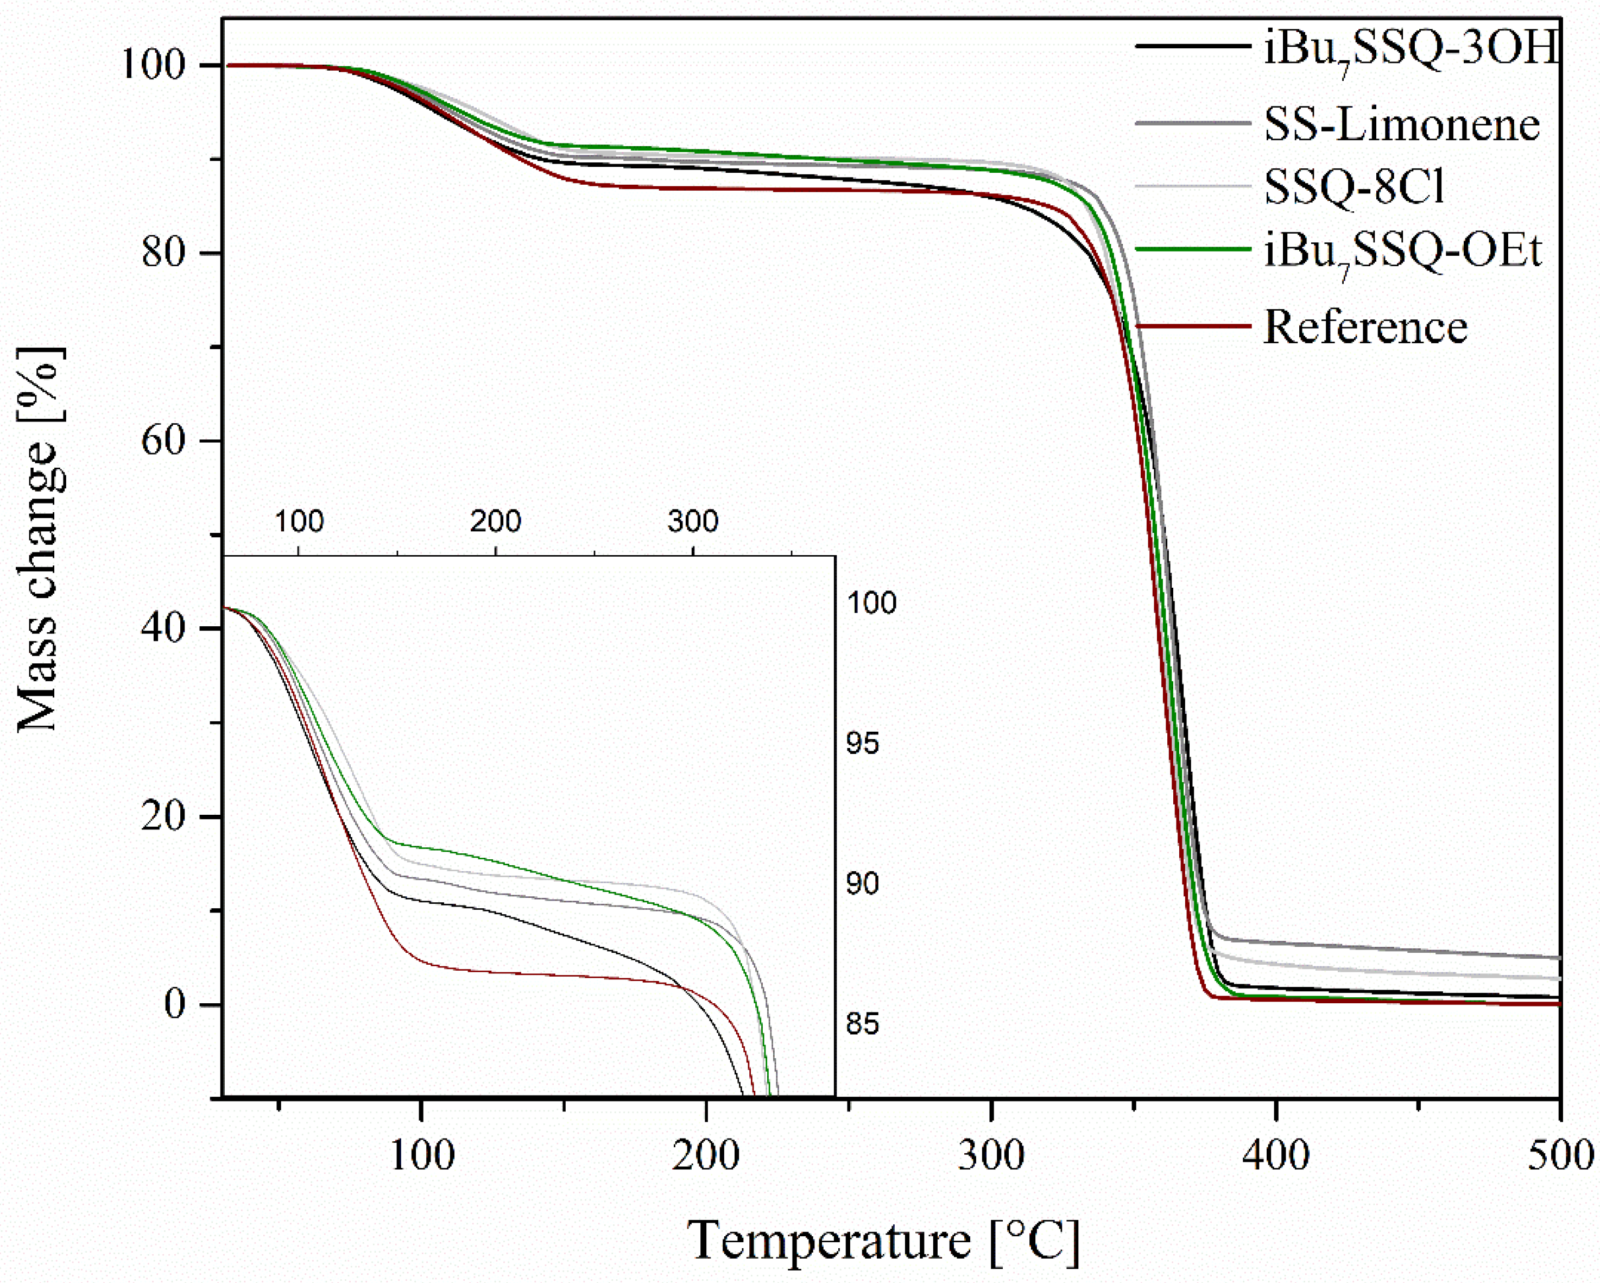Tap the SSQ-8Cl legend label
coord(1355,186)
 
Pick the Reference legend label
coord(1365,326)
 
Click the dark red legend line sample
coord(1193,326)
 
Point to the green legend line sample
coord(1193,249)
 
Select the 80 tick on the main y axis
coord(162,253)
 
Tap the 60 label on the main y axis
coord(162,441)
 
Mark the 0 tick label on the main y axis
coord(174,1004)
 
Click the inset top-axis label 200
coord(496,522)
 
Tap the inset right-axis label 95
coord(862,743)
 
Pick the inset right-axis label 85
coord(862,1024)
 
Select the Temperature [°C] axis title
coord(883,1241)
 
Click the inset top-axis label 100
coord(299,522)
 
